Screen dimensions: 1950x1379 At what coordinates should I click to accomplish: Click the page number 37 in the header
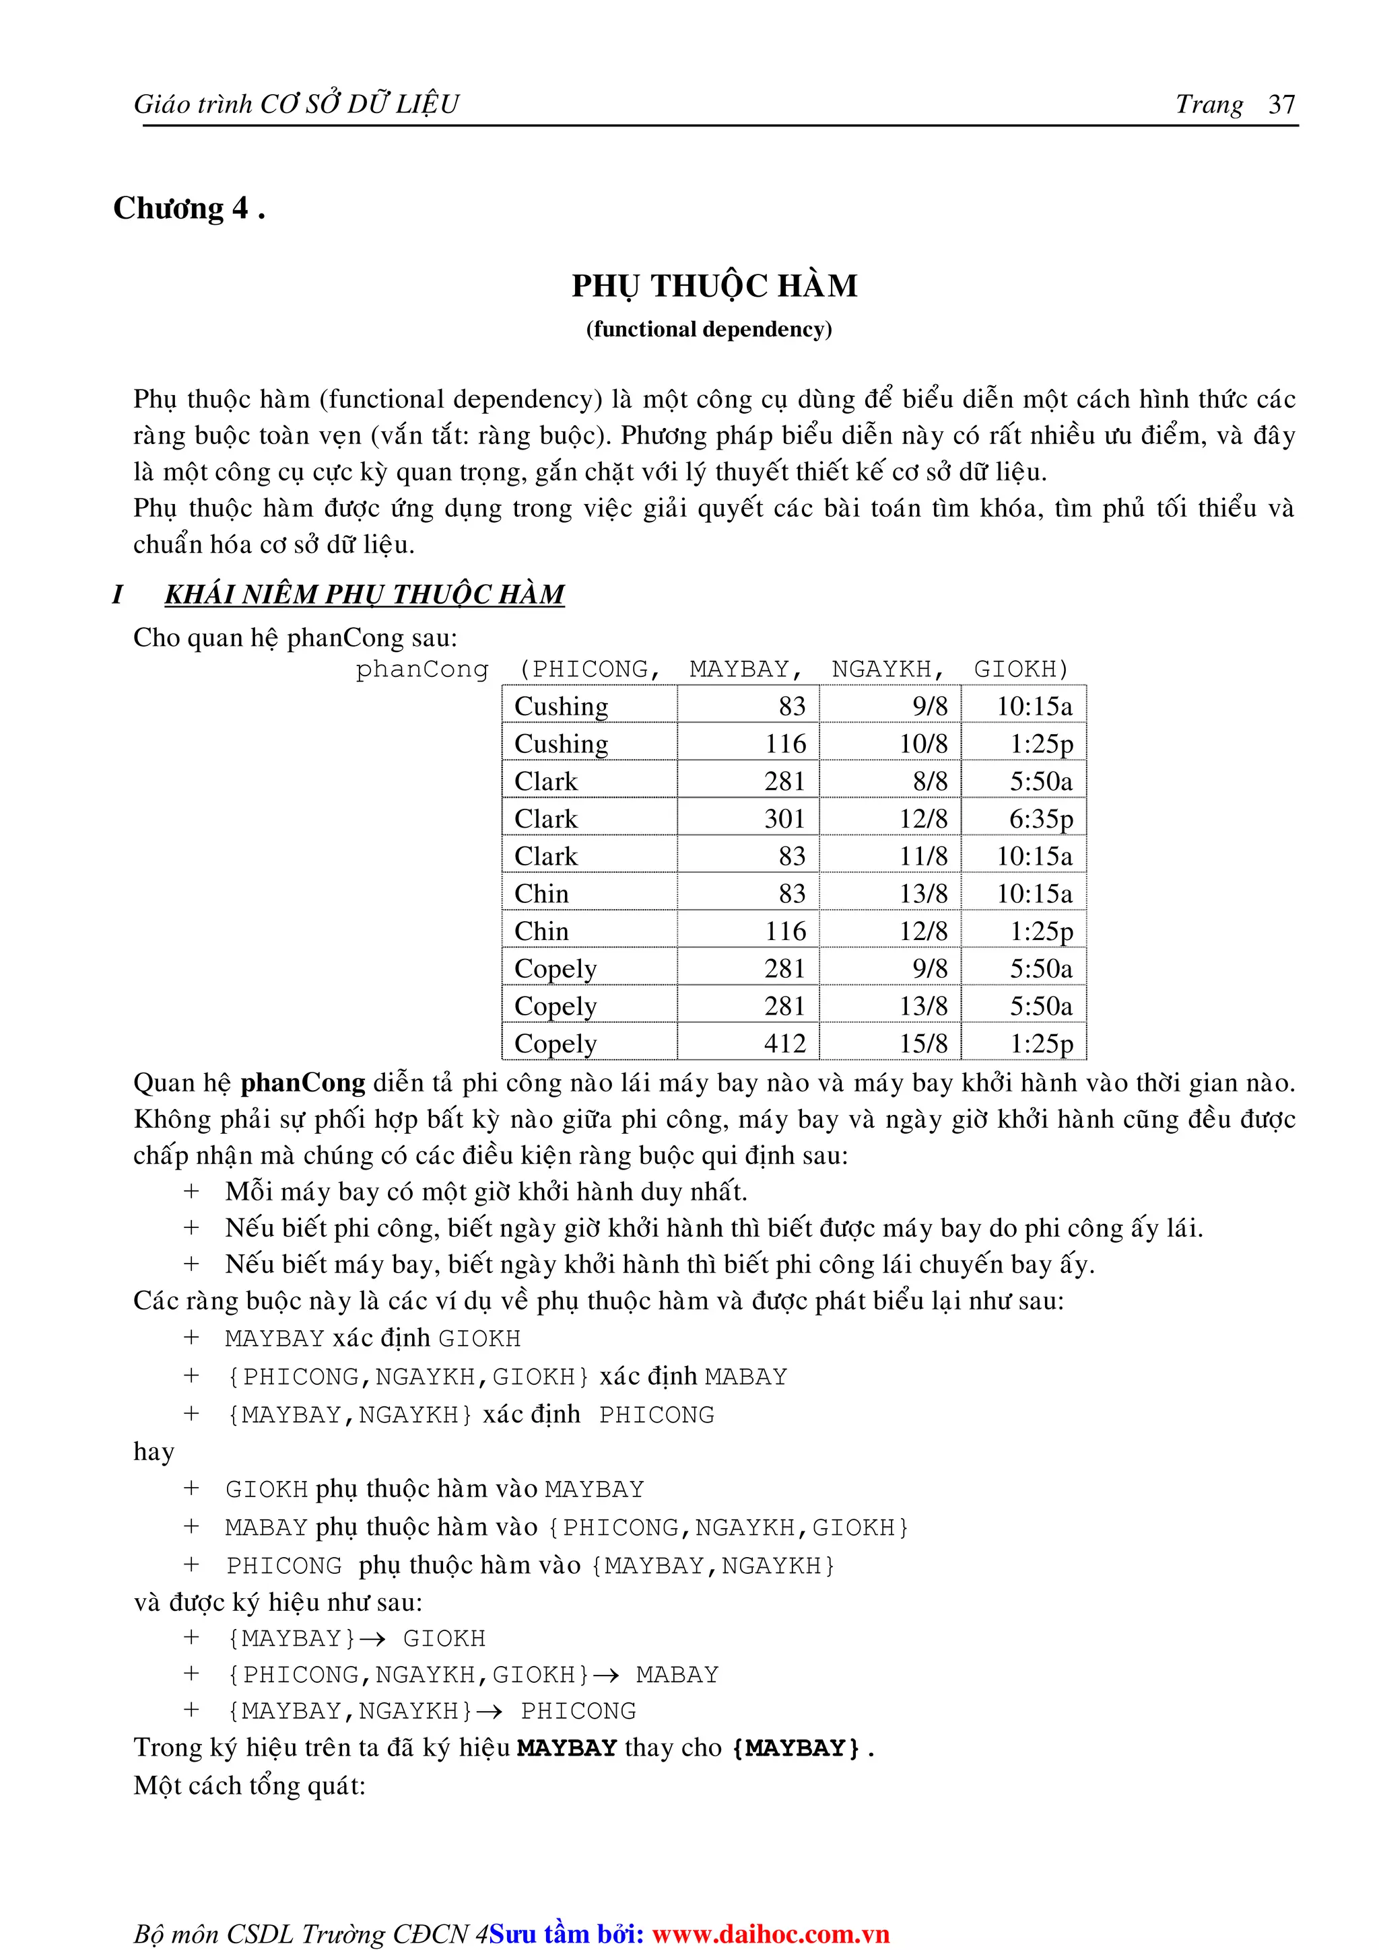click(x=1281, y=104)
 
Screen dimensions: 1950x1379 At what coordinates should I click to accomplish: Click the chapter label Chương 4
click(x=189, y=209)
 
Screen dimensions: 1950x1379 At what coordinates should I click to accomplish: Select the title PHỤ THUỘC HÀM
click(x=714, y=286)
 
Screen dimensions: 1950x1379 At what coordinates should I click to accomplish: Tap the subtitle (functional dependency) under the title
click(x=708, y=330)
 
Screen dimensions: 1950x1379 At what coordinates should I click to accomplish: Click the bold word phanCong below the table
click(x=302, y=1083)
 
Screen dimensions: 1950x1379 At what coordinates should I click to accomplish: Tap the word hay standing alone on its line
click(x=153, y=1451)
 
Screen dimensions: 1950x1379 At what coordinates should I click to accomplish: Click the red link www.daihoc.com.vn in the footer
click(x=770, y=1934)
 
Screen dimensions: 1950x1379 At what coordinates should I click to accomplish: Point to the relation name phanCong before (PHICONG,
click(x=422, y=670)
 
